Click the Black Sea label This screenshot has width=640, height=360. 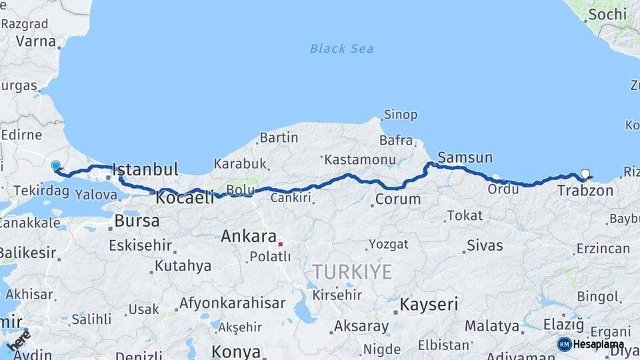click(341, 49)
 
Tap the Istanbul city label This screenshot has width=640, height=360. click(145, 169)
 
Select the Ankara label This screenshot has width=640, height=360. click(249, 236)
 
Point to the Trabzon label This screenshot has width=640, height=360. click(585, 191)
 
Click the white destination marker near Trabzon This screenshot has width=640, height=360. click(585, 175)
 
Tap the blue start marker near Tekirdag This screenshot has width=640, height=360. click(55, 166)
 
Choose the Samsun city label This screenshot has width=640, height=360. click(465, 158)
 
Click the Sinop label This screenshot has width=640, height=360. click(401, 115)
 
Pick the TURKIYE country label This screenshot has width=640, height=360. click(353, 271)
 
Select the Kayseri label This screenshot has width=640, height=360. click(429, 305)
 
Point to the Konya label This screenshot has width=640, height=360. click(235, 351)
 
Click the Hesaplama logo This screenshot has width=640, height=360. click(591, 344)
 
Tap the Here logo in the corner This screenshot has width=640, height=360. click(18, 341)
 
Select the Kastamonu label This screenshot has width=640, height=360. click(358, 160)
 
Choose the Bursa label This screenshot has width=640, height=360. click(137, 221)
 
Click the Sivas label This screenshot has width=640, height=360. click(485, 245)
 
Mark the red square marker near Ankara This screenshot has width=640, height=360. click(281, 244)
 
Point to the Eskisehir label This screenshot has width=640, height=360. click(141, 245)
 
